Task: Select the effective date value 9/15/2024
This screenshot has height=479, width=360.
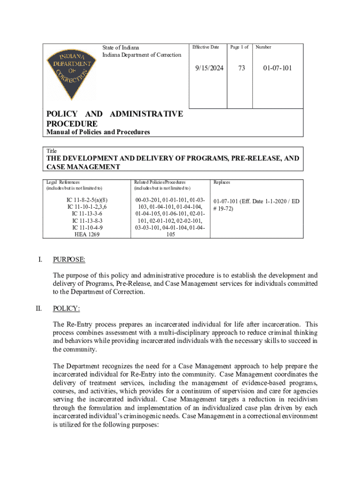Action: (x=209, y=68)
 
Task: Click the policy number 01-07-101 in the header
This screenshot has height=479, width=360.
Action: (x=277, y=68)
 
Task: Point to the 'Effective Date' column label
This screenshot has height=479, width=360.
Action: (x=206, y=47)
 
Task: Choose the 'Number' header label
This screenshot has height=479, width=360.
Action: (x=263, y=47)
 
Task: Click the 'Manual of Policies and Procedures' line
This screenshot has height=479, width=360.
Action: (x=98, y=132)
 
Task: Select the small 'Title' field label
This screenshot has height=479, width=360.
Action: (x=51, y=151)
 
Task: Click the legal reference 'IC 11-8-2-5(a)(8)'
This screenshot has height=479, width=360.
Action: (x=87, y=199)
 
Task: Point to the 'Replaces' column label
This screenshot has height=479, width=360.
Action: (x=222, y=182)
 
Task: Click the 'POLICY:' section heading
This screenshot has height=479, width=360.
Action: (x=66, y=308)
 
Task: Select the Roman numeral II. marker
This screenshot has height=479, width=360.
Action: (x=39, y=308)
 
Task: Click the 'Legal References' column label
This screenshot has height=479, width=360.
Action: (x=63, y=182)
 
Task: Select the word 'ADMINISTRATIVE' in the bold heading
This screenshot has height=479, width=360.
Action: (x=146, y=114)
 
